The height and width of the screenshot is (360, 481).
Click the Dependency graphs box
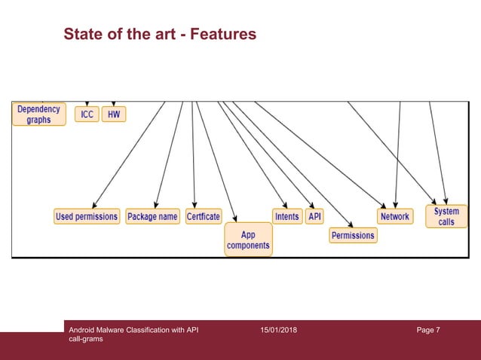tap(38, 114)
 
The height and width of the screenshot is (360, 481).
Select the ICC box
tap(87, 114)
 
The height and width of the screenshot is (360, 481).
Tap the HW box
tap(114, 114)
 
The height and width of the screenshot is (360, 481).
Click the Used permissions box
tap(87, 217)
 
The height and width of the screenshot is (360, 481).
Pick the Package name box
tap(152, 217)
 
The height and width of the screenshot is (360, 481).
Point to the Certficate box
tap(204, 217)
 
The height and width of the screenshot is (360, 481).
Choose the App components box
tap(248, 240)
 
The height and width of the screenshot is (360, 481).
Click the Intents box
tap(287, 217)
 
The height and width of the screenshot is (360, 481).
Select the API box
tap(315, 217)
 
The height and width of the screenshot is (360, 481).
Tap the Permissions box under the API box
tap(353, 236)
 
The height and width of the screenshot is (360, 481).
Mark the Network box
tap(394, 217)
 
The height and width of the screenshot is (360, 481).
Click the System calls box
tap(446, 217)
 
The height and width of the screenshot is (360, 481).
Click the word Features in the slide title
tap(223, 35)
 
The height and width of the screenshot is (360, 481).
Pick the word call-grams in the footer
tap(85, 340)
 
